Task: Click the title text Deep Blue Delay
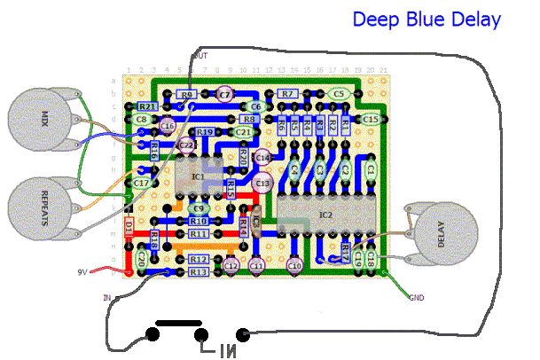coord(426,19)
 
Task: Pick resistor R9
coord(186,94)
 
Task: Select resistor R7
coord(286,93)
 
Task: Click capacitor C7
coord(224,93)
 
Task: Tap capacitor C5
coord(337,93)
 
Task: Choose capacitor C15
coord(370,119)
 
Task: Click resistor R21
coord(147,106)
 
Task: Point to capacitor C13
coord(262,183)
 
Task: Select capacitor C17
coord(141,183)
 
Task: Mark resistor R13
coord(199,272)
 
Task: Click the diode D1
coord(129,228)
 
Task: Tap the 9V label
coord(82,272)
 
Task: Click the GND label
coord(417,296)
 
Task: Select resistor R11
coord(199,233)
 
